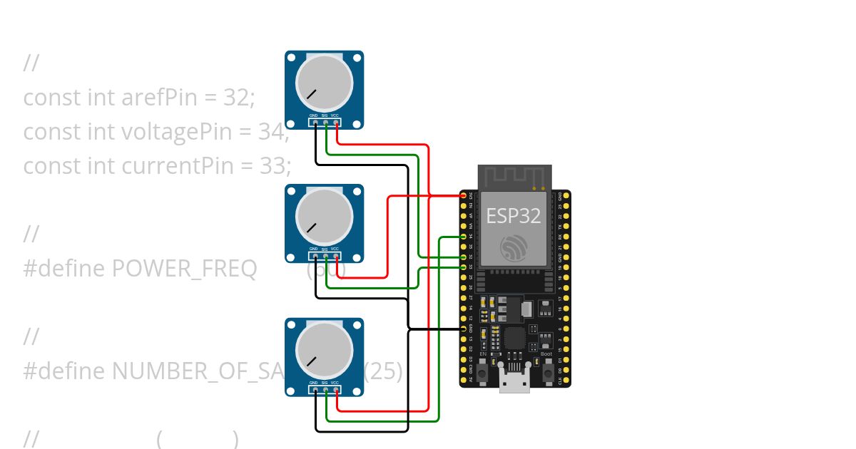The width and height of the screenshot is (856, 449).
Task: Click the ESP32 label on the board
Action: (513, 215)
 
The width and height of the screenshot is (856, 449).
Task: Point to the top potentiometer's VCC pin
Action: (336, 123)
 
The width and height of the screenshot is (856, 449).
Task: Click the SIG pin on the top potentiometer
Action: (325, 123)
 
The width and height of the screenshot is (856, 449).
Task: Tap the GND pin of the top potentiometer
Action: (315, 123)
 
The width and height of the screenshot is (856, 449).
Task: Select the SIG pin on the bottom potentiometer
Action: (325, 391)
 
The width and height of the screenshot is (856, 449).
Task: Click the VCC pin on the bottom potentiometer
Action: (336, 391)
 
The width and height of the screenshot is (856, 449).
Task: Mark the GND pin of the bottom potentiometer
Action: (315, 391)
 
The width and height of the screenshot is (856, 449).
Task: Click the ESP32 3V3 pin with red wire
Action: (464, 195)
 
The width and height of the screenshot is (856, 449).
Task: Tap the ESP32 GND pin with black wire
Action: (464, 329)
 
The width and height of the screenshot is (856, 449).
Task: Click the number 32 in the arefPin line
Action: (235, 98)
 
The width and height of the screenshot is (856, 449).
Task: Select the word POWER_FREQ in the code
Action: (185, 269)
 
